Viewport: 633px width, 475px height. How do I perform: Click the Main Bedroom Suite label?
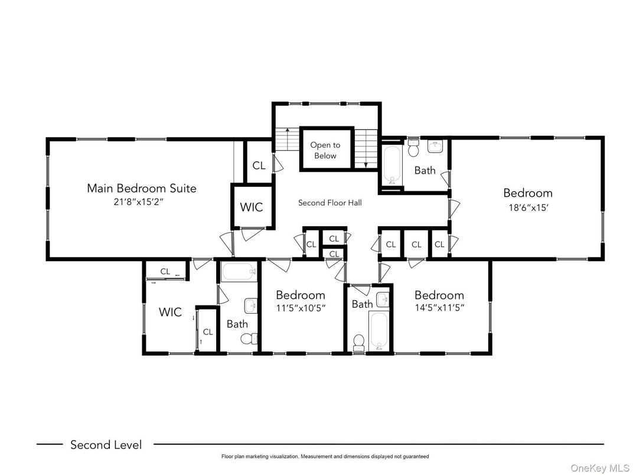tap(142, 188)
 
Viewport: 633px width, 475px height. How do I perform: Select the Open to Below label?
tap(325, 150)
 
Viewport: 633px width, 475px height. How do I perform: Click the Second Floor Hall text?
tap(330, 203)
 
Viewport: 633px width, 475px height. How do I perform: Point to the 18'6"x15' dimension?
tap(528, 208)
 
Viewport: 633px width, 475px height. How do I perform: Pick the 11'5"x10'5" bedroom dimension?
tap(301, 308)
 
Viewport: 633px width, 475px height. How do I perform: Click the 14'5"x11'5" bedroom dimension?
tap(440, 308)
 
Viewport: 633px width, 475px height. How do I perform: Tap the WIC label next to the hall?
tap(252, 207)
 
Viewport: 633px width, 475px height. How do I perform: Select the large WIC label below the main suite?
tap(170, 312)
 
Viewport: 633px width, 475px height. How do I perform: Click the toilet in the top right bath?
tap(413, 149)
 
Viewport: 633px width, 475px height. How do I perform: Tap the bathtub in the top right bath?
tap(391, 164)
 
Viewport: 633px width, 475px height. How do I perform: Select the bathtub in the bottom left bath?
tap(239, 272)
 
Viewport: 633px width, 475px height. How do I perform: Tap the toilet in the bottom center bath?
tap(358, 343)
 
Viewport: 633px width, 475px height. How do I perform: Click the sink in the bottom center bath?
tap(383, 300)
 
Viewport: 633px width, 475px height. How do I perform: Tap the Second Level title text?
tap(106, 445)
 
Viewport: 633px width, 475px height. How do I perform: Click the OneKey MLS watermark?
tap(599, 468)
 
